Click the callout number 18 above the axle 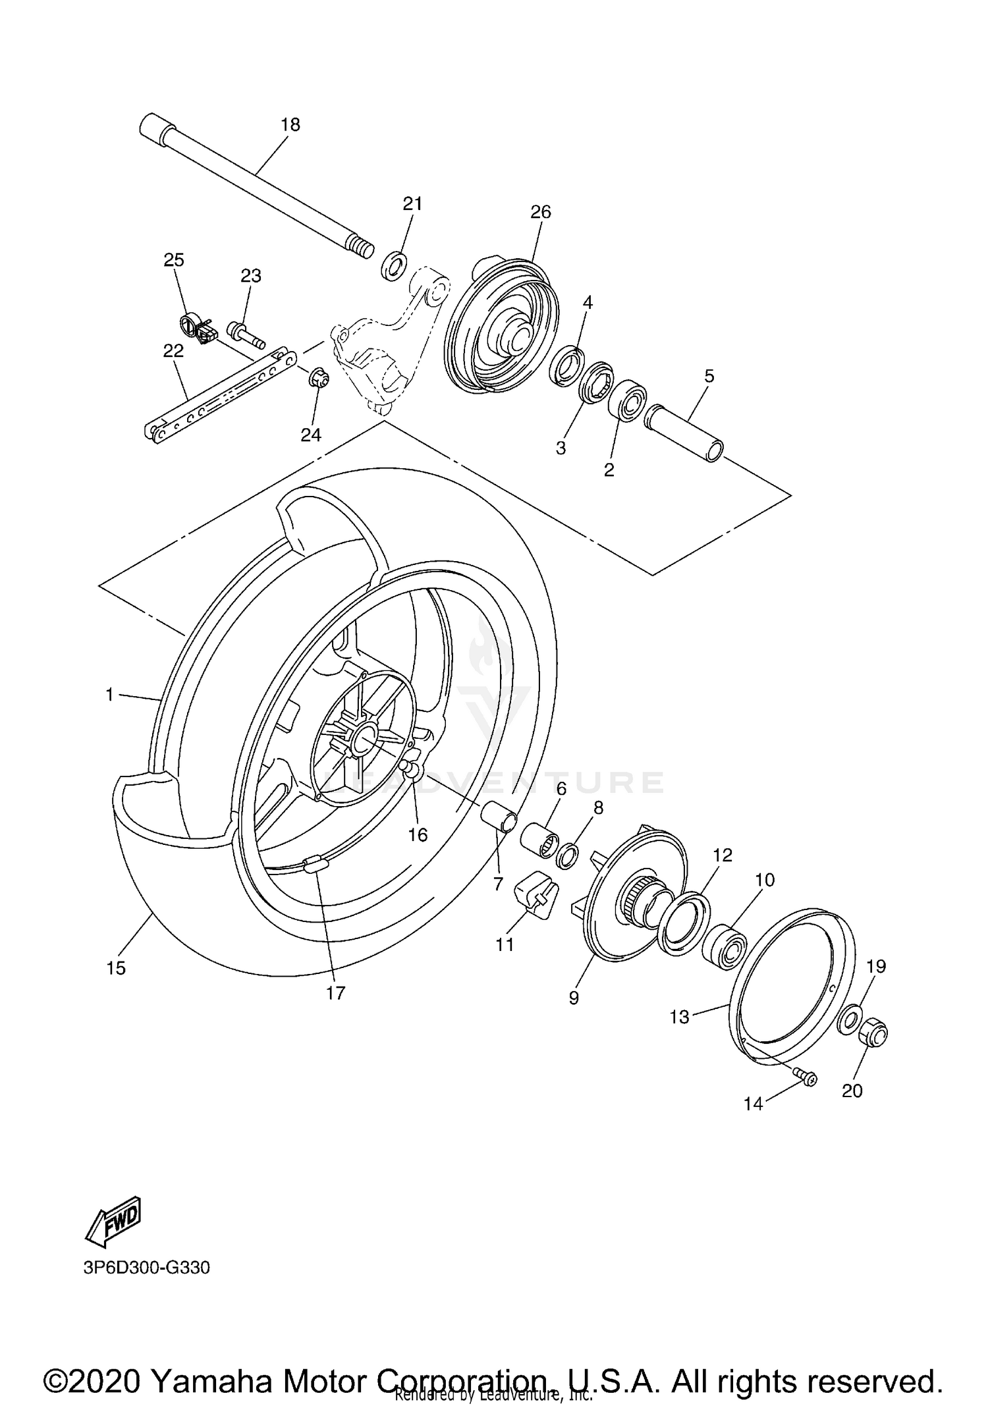click(290, 124)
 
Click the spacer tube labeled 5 click(685, 435)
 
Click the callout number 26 click(540, 212)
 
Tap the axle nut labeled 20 click(873, 1033)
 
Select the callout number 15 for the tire click(116, 968)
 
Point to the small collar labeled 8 click(568, 855)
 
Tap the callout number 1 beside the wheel click(110, 694)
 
